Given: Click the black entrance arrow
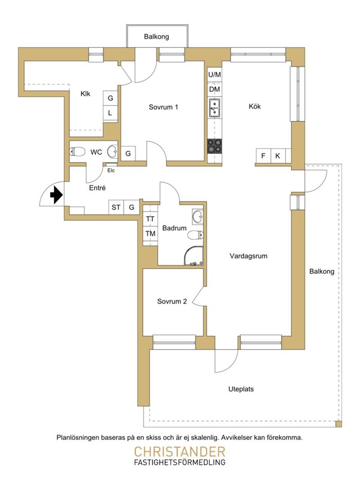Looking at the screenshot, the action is tap(57, 195).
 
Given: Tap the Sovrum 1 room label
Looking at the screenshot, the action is tap(164, 107).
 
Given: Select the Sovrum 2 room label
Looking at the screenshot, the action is tap(172, 301).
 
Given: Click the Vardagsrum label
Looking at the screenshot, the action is tap(248, 256).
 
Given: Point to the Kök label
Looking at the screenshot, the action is tap(255, 106).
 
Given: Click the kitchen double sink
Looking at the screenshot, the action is tap(215, 108).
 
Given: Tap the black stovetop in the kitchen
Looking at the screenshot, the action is tap(215, 146).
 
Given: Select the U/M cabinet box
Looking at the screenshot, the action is tap(215, 75).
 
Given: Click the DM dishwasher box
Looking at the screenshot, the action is tap(215, 90).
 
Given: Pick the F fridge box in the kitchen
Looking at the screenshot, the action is tap(263, 155).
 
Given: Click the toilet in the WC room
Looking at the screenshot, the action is tap(78, 152).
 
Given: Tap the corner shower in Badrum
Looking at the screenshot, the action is tap(194, 256).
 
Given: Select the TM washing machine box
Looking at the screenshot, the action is tap(151, 234).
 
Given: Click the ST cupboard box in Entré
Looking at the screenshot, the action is tap(116, 207).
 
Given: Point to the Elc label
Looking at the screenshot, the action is tap(111, 170).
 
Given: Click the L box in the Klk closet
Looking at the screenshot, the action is tap(110, 113).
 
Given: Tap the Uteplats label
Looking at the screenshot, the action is tap(241, 389).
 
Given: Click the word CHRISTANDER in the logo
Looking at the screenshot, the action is tap(179, 452).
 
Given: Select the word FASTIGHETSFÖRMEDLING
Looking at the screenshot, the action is tap(179, 463).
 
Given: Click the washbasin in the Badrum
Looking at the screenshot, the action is tap(197, 216).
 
